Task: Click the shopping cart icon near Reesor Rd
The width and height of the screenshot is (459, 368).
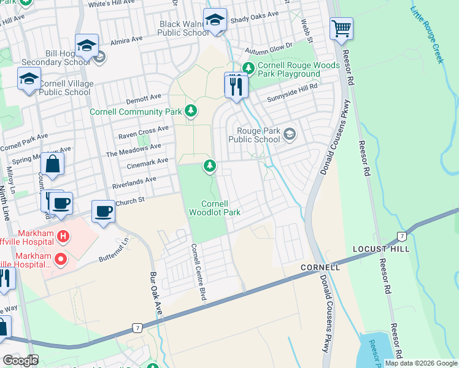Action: [x=341, y=28]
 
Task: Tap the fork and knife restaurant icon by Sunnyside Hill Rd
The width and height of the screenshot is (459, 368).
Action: [x=236, y=86]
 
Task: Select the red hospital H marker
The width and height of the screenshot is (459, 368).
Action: [x=62, y=236]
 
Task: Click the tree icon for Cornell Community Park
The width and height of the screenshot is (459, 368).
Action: [x=191, y=110]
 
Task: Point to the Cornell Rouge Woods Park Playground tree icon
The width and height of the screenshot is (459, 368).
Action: [x=249, y=67]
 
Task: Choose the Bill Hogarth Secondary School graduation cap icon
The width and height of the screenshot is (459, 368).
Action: [x=87, y=45]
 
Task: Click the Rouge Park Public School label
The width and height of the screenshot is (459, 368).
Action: [x=254, y=134]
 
